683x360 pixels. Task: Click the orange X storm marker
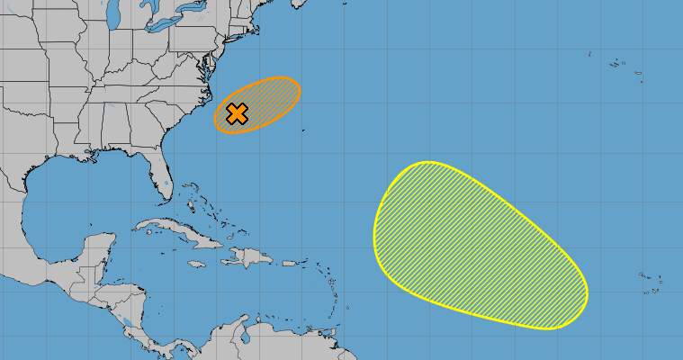tap(237, 114)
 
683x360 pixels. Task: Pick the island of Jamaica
tap(195, 264)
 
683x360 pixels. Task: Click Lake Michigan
tap(112, 16)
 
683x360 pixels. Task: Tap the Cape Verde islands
tap(650, 281)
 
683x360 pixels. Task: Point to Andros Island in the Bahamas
tap(191, 206)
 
